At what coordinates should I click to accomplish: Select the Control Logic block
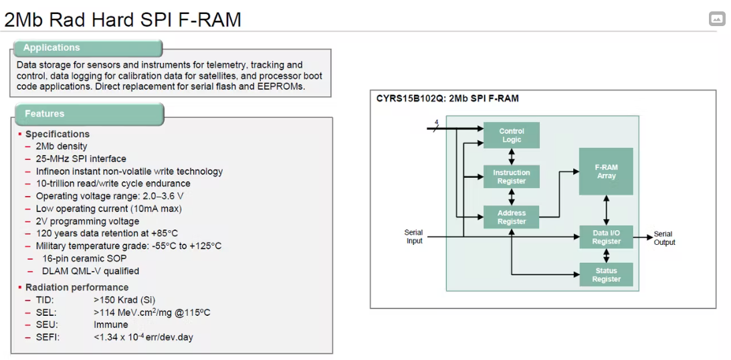click(512, 135)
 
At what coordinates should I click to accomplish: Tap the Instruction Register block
click(512, 177)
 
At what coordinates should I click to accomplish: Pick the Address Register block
click(512, 217)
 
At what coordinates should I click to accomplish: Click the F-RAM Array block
click(606, 171)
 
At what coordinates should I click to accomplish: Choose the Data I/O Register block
click(606, 238)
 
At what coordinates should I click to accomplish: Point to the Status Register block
click(606, 275)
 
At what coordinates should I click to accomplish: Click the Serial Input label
click(414, 237)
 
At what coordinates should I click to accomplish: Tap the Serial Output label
click(663, 238)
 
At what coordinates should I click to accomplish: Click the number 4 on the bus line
click(436, 122)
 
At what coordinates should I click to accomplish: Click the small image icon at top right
click(717, 19)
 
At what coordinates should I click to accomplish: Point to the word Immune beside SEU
click(111, 325)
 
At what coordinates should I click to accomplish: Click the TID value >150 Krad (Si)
click(124, 300)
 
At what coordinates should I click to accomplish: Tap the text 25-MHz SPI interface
click(81, 159)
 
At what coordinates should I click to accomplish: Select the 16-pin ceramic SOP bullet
click(84, 258)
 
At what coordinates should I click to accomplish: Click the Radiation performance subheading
click(77, 287)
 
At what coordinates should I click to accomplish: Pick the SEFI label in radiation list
click(47, 337)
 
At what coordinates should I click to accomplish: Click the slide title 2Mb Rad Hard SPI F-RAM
click(123, 19)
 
